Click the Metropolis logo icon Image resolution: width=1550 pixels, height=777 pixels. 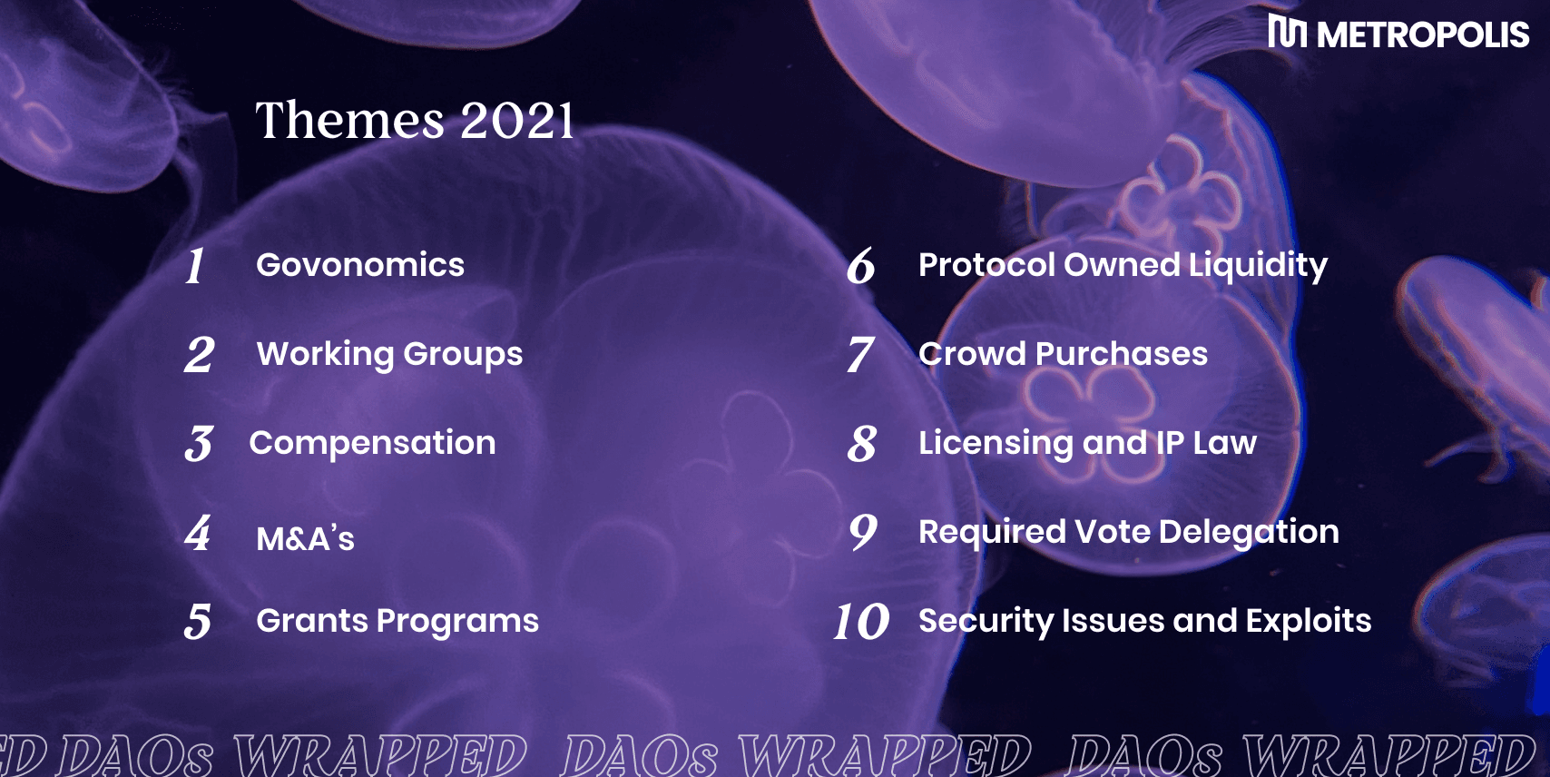[1287, 31]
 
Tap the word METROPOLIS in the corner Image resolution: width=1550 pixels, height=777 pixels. [1423, 34]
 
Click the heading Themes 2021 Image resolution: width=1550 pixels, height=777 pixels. [415, 120]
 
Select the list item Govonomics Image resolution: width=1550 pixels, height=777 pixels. [359, 265]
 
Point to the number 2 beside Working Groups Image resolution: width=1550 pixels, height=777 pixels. [200, 355]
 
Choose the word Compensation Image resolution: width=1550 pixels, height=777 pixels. [372, 444]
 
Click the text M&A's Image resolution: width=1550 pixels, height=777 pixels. [305, 538]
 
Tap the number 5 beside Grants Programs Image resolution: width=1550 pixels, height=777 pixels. [198, 621]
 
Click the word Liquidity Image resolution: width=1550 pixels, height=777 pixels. [1258, 266]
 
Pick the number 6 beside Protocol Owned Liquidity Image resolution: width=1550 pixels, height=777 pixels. [861, 266]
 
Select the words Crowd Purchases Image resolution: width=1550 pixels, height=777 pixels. [1063, 354]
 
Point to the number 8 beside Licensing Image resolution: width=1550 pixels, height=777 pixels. [862, 444]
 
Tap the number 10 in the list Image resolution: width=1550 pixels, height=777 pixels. [861, 621]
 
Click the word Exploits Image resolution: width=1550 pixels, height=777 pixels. [1309, 621]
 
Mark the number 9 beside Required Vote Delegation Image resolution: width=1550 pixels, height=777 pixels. [863, 532]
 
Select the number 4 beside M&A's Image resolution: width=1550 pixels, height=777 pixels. [198, 533]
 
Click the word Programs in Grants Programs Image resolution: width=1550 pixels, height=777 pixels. [457, 622]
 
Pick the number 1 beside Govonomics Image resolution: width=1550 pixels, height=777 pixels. [195, 266]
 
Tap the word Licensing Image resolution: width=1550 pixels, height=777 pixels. [996, 444]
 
